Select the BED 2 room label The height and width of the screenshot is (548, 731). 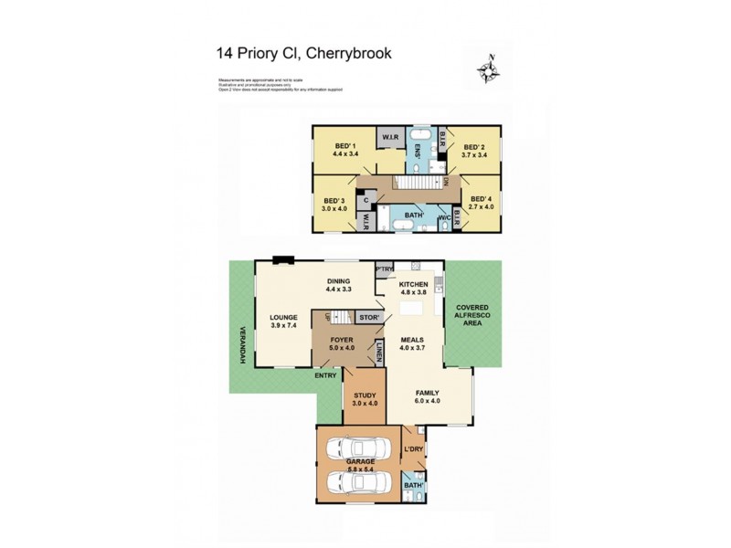pos(472,147)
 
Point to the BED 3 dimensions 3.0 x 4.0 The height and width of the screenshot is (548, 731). pos(333,208)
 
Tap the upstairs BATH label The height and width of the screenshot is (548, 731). pos(412,216)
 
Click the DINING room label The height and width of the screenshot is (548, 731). pos(339,281)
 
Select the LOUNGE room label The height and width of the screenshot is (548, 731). pos(283,320)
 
